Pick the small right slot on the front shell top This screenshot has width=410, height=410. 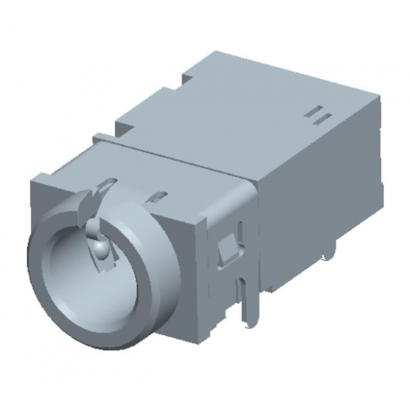[159, 196]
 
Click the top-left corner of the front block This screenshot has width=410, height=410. [33, 177]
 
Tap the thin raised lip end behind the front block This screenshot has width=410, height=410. [97, 138]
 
